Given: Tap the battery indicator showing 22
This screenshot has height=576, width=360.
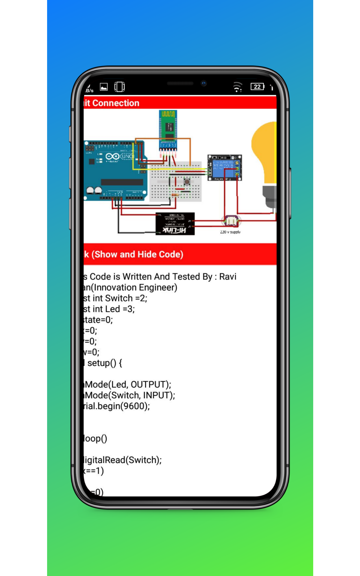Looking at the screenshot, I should [257, 87].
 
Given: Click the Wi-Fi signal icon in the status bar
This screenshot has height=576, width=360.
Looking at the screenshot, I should [237, 87].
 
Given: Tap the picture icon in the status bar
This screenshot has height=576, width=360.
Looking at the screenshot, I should [104, 87].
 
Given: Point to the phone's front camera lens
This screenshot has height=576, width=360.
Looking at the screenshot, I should [204, 83].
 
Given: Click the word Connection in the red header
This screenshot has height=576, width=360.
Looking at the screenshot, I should [116, 103].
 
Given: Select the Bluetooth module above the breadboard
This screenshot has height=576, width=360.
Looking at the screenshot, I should [168, 130].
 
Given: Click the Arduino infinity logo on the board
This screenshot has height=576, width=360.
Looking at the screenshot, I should [112, 157].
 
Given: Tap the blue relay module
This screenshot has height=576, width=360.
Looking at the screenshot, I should [224, 168].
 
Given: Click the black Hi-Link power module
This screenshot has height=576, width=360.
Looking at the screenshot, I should [175, 224].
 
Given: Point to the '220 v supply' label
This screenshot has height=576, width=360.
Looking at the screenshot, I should [230, 232].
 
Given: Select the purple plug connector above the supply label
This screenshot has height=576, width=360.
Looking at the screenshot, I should [231, 221].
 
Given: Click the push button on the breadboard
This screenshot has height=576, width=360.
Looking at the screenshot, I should [187, 182].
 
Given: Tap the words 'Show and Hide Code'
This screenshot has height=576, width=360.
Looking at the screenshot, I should [137, 254].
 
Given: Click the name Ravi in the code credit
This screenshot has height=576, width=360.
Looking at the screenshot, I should [228, 277].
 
